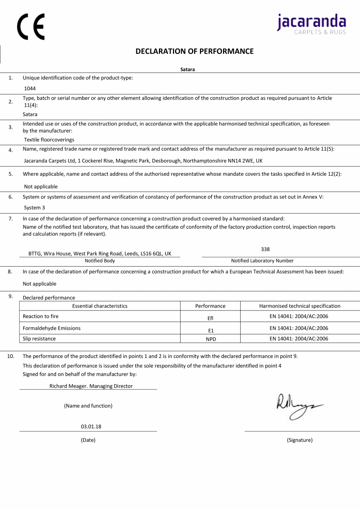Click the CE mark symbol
click(31, 27)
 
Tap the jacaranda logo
click(312, 23)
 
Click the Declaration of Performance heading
click(194, 51)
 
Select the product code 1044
click(30, 88)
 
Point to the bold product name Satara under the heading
click(187, 70)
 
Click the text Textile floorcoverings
click(49, 140)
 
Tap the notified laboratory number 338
click(265, 249)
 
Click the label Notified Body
click(100, 261)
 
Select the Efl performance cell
click(211, 318)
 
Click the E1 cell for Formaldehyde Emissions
click(211, 330)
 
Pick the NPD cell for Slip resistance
click(211, 339)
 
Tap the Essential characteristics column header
click(100, 306)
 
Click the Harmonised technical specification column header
click(300, 306)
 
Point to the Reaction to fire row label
click(41, 316)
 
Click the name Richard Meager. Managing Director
click(91, 386)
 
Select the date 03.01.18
click(91, 426)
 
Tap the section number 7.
click(11, 218)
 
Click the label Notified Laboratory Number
click(262, 261)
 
